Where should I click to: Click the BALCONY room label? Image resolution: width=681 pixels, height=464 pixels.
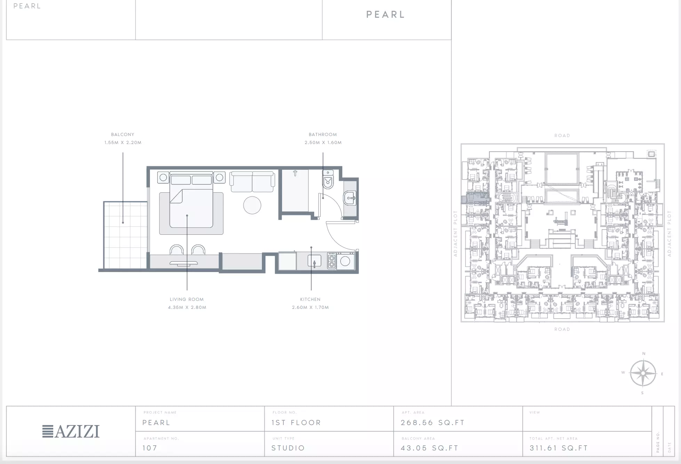coord(122,135)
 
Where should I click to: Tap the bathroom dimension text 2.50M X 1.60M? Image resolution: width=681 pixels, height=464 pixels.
coord(323,143)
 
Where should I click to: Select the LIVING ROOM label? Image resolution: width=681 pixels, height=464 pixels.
coord(187,299)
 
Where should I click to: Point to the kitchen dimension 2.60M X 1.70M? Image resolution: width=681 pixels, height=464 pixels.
coord(310,307)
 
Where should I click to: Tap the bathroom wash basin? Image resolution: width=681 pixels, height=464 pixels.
coord(350,199)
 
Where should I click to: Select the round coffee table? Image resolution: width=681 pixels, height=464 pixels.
coord(252,205)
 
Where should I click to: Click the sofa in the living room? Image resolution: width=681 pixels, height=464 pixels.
coord(252,182)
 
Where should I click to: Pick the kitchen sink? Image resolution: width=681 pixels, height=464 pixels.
coord(314,261)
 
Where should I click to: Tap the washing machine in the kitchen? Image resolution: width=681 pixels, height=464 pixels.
coord(345,261)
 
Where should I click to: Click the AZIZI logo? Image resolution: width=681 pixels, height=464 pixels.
coord(71,431)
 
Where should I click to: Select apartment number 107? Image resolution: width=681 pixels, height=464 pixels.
coord(150,448)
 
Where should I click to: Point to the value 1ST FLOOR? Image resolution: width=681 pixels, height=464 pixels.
coord(296,423)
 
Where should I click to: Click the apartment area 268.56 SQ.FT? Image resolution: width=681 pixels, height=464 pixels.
coord(433,423)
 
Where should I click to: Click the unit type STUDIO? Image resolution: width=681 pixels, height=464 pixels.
coord(288,448)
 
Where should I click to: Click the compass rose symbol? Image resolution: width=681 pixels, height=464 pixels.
coord(643,373)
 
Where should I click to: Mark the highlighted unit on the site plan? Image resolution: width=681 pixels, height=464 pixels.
coord(475,199)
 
